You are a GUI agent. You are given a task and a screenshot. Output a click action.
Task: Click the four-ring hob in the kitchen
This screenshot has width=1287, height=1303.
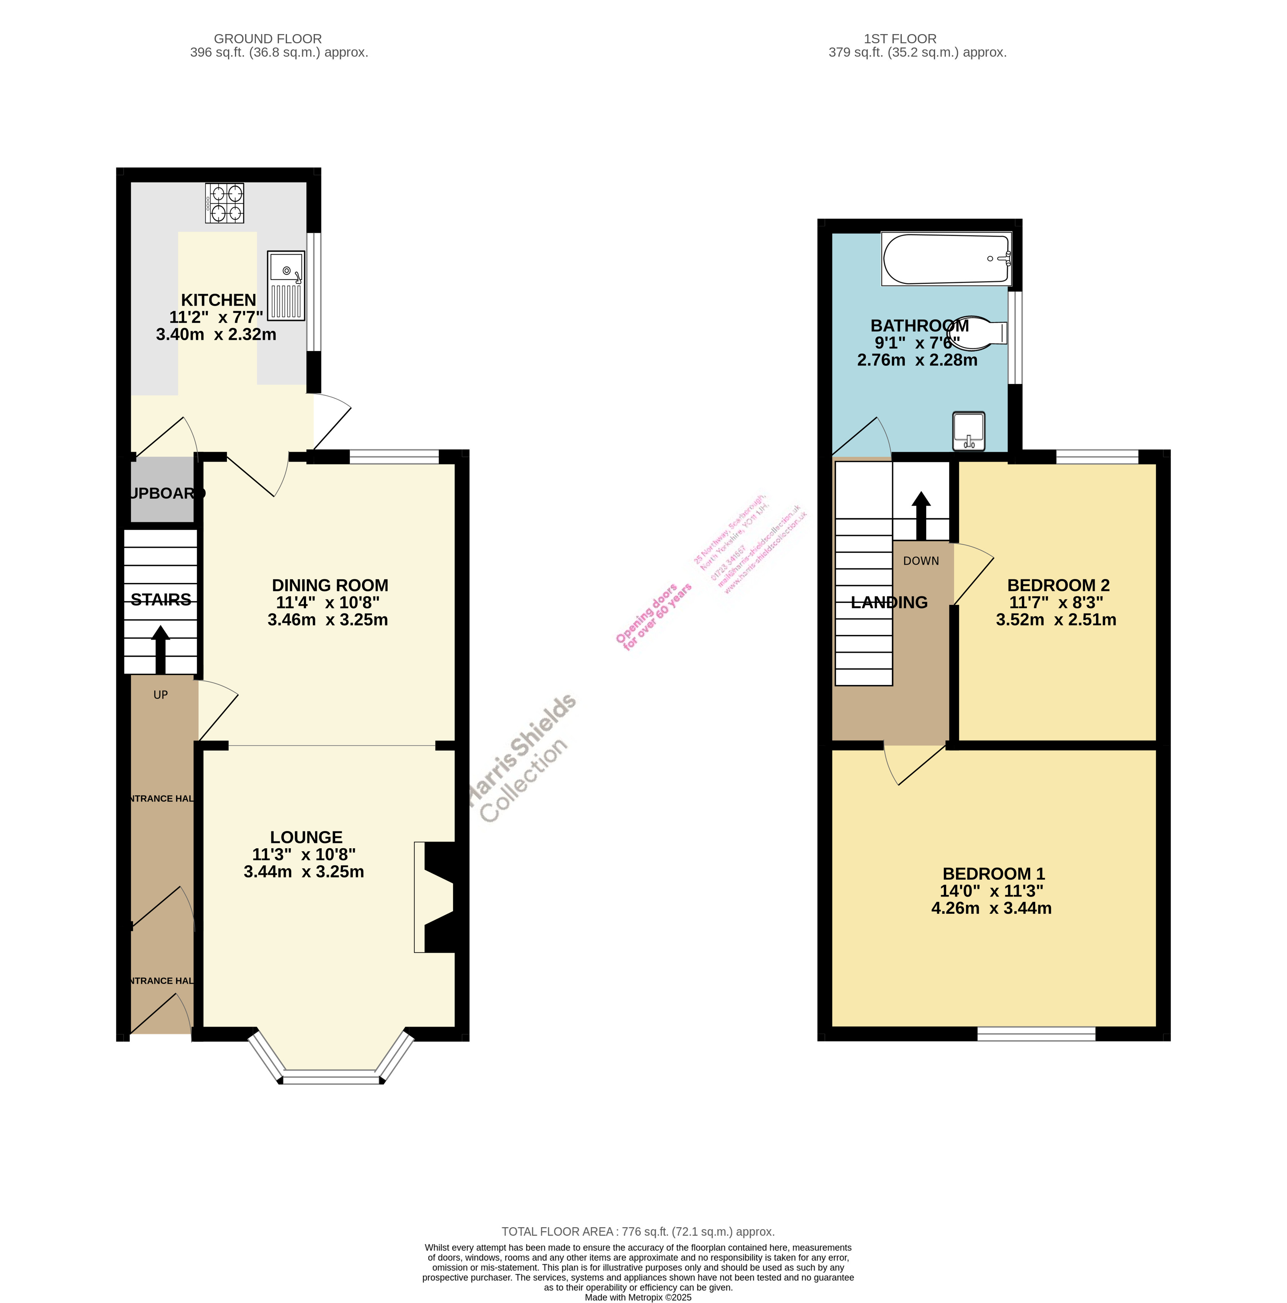tap(224, 203)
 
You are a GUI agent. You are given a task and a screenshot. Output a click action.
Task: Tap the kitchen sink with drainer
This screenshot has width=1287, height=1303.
tap(286, 285)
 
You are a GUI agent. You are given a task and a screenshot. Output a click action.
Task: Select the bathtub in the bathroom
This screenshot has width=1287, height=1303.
tap(946, 259)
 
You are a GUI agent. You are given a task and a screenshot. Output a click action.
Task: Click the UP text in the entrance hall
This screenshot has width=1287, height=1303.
tap(160, 695)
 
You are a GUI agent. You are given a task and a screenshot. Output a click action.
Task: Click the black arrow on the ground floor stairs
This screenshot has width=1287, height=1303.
tap(160, 650)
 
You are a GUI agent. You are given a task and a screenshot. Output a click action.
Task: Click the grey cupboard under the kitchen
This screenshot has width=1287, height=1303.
tap(162, 490)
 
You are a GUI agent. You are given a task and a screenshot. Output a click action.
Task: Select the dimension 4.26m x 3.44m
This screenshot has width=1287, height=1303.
tap(991, 908)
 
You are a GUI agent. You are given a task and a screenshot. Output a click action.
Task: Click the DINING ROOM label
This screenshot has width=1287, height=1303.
tap(330, 585)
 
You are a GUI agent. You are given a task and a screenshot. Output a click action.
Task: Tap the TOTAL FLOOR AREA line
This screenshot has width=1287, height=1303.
tap(638, 1231)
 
